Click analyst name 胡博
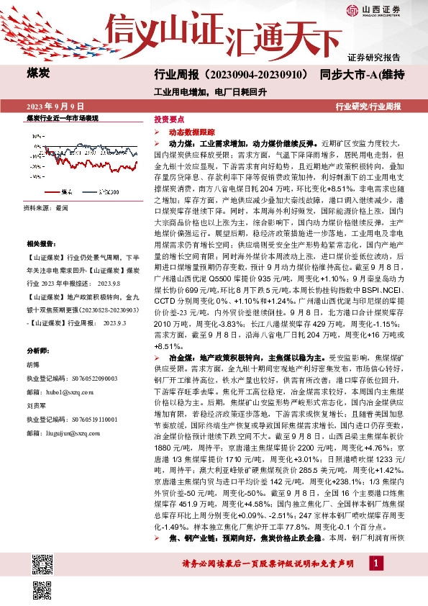[33, 363]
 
